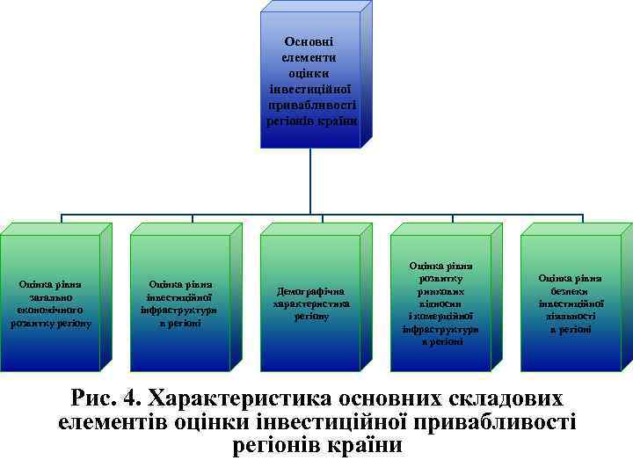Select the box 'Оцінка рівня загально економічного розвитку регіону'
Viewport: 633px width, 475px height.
click(50, 303)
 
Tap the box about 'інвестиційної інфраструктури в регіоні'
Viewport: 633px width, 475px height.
click(179, 303)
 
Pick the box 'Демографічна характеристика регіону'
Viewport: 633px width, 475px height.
click(311, 303)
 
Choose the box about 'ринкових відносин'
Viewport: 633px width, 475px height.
click(441, 303)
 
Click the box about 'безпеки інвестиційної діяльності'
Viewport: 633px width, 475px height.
click(571, 303)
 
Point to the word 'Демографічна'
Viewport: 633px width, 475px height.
click(311, 291)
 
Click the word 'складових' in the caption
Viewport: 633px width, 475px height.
click(502, 398)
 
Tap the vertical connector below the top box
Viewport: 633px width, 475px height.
click(311, 180)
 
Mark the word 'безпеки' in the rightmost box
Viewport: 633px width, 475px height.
click(571, 291)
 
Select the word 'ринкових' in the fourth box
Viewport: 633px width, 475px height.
click(441, 291)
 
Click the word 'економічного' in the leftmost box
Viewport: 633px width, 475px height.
click(50, 311)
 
